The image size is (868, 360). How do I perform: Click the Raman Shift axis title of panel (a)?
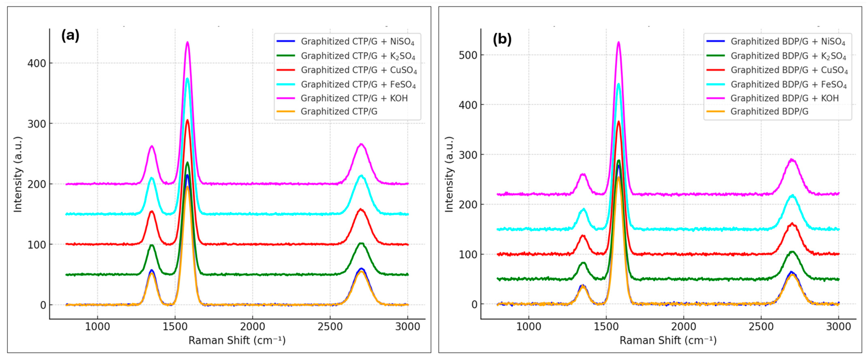coord(237,340)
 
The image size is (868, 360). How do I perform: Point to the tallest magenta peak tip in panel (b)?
coord(618,42)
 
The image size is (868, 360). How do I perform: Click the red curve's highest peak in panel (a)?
coord(187,120)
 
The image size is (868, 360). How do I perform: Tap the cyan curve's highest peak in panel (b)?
coord(618,84)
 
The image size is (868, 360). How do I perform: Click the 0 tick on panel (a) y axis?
coord(43,305)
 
